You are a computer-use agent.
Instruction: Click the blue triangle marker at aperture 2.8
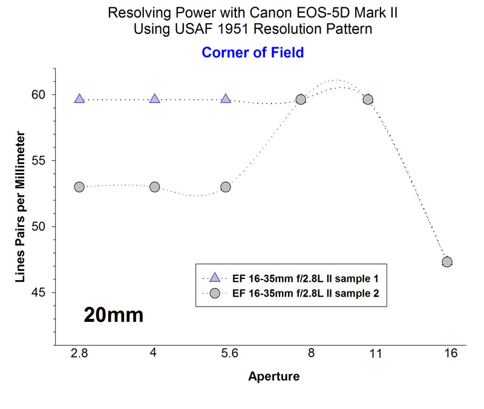click(79, 99)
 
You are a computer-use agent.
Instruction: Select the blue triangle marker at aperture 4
click(155, 99)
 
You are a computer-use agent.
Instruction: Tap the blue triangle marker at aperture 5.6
click(226, 99)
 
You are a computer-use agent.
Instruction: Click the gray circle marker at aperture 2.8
click(79, 187)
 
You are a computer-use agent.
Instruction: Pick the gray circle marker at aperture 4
click(155, 187)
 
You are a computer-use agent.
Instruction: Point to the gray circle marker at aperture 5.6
click(226, 187)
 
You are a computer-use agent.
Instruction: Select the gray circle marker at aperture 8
click(301, 99)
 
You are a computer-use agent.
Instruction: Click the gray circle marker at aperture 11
click(367, 99)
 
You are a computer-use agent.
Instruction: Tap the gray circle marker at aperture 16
click(447, 262)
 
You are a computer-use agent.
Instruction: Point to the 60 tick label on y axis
click(39, 94)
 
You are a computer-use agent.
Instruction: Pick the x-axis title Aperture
click(273, 377)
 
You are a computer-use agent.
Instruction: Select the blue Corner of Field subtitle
click(253, 53)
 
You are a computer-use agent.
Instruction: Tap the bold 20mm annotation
click(114, 315)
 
